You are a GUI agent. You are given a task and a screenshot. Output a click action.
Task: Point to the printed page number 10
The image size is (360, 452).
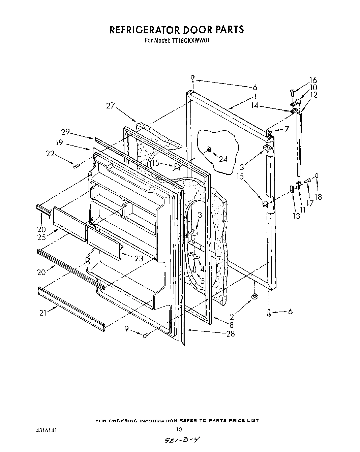click(179, 429)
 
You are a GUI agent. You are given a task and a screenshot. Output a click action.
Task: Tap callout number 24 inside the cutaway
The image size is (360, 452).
click(223, 159)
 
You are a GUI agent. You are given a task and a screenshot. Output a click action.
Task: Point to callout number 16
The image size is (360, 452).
click(313, 80)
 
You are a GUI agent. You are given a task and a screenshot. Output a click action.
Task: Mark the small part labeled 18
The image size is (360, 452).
click(317, 175)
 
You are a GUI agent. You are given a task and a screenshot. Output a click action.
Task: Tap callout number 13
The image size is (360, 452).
click(296, 216)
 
